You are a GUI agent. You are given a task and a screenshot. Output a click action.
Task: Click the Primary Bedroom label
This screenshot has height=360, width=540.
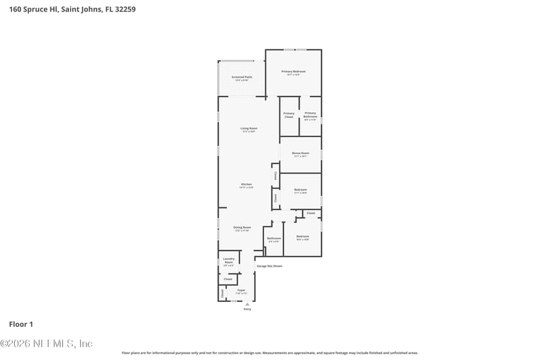pos(294,72)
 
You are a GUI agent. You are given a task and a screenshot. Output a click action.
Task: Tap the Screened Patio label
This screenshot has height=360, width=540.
pos(241,78)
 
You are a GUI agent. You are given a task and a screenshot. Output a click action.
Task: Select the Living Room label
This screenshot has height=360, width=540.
pos(249,128)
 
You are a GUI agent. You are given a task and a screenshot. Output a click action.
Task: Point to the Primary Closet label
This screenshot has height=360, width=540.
pos(289,115)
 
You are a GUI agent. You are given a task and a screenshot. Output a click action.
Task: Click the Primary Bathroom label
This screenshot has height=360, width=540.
pos(310,115)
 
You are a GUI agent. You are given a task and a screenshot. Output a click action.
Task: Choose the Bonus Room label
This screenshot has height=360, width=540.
pos(300,153)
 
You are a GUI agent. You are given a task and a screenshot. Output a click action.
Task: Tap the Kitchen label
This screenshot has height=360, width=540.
pos(246,185)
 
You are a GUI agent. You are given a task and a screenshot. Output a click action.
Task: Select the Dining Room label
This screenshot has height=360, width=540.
pos(242,228)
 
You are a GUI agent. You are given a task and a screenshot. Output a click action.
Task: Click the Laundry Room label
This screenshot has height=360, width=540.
pos(228,261)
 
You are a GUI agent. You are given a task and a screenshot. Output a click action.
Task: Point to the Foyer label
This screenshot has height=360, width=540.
pos(241,290)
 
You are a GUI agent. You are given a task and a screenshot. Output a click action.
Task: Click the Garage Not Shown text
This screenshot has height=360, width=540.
pos(269,266)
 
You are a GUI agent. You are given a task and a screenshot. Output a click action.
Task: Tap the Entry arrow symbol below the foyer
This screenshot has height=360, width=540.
pos(247,304)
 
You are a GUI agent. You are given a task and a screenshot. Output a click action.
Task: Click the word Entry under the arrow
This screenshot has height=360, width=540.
pos(247,309)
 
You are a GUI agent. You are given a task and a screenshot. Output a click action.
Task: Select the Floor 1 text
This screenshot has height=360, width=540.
pos(21,324)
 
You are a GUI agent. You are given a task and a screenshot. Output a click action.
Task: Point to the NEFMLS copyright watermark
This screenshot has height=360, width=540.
pos(47,343)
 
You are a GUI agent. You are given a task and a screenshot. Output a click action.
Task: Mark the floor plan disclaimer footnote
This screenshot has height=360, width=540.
pos(269,353)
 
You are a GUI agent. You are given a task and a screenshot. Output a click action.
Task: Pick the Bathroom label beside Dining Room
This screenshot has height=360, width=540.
pos(273,238)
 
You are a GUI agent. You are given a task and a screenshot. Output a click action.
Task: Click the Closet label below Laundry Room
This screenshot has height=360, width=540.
pos(228,279)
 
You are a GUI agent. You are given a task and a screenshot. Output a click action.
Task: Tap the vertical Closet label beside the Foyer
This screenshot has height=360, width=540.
pos(222,292)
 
